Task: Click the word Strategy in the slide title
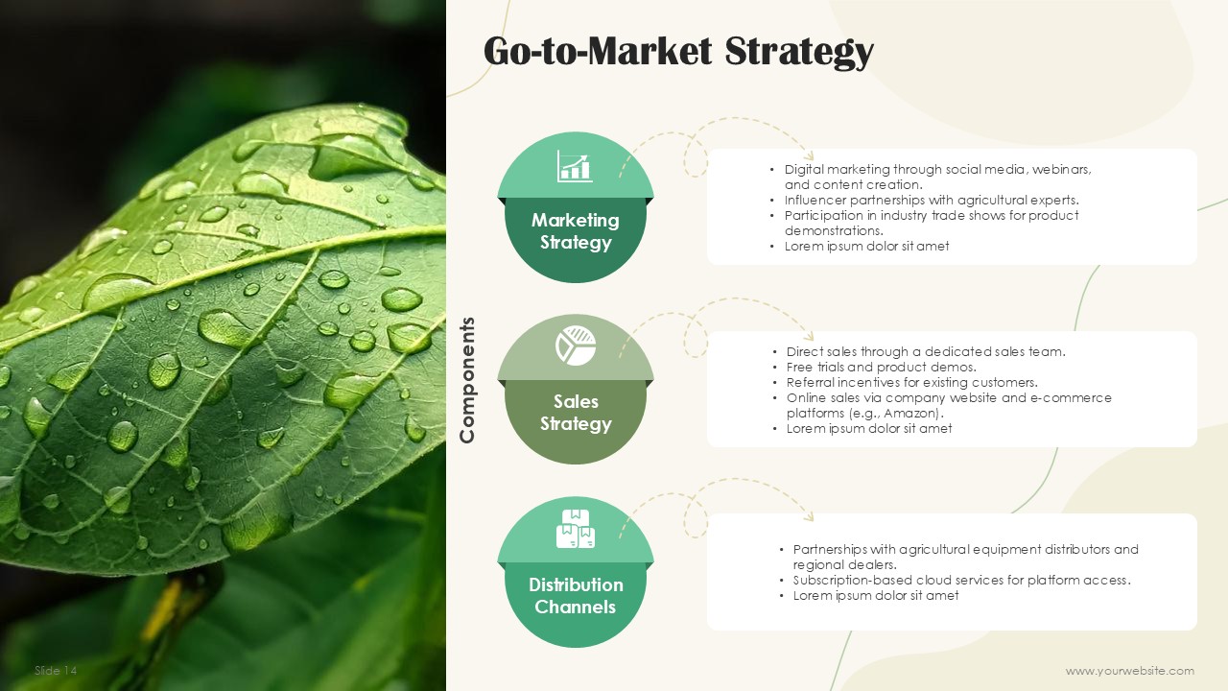(x=799, y=52)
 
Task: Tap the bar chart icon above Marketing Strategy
(x=575, y=166)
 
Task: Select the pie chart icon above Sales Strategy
(x=575, y=345)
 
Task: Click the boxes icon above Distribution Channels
(x=575, y=529)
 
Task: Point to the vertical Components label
(x=466, y=380)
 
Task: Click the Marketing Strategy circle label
(x=575, y=231)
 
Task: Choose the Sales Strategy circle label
(x=576, y=413)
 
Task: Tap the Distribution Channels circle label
(x=576, y=596)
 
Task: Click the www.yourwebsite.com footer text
(x=1130, y=671)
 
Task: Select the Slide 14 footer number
(x=56, y=670)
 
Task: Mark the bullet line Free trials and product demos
(x=882, y=367)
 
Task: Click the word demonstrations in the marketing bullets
(x=834, y=231)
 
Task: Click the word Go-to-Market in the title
(x=598, y=51)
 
